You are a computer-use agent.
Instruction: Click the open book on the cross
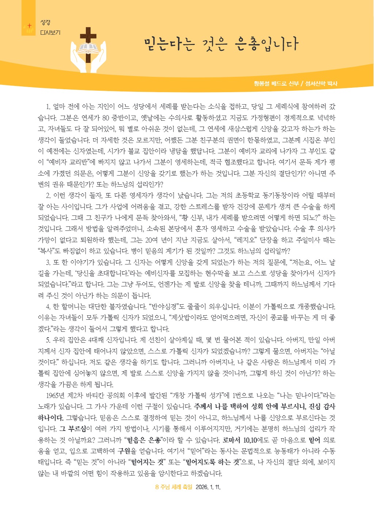coord(88,48)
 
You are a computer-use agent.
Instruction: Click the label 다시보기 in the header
coord(50,33)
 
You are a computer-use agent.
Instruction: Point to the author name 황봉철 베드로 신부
coord(276,84)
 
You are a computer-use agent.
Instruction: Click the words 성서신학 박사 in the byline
coord(321,84)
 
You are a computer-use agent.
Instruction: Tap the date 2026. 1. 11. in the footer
coord(208,487)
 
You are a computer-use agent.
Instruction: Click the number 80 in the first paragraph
coord(106,118)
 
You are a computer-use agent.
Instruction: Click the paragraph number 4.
coord(48,307)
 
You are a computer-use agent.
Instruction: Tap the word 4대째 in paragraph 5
coord(96,340)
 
